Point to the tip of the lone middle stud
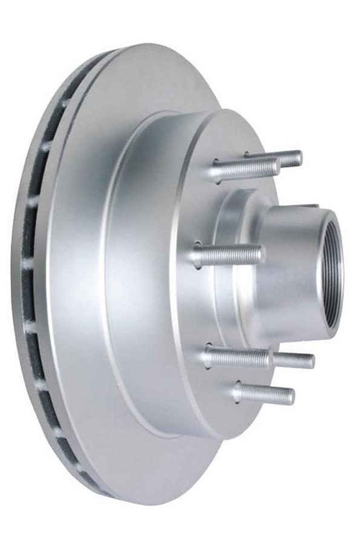[261, 254]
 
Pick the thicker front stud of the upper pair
[245, 170]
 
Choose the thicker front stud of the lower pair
[239, 357]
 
